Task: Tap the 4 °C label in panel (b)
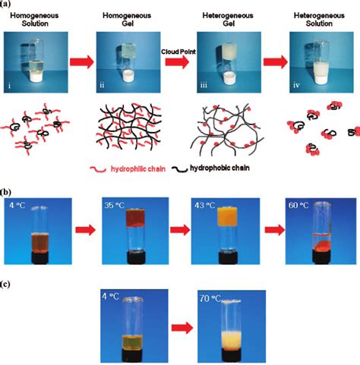click(18, 204)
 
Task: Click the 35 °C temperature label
click(114, 204)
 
